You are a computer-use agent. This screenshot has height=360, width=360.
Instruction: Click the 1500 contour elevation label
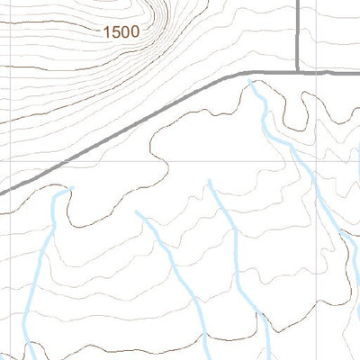pyautogui.click(x=121, y=31)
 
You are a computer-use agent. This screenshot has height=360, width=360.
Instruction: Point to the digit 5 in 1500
pyautogui.click(x=116, y=31)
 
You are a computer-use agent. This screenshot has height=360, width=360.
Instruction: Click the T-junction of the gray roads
pyautogui.click(x=298, y=71)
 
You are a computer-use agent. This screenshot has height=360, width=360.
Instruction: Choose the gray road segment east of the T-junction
pyautogui.click(x=329, y=71)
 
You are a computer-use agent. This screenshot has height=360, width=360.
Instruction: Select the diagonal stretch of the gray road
pyautogui.click(x=135, y=125)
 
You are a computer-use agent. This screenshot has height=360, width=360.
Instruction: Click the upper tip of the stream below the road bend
pyautogui.click(x=252, y=83)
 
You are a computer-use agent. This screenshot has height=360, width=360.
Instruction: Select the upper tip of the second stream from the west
pyautogui.click(x=137, y=213)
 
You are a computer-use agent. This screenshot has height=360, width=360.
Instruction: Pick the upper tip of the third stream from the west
pyautogui.click(x=210, y=181)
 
